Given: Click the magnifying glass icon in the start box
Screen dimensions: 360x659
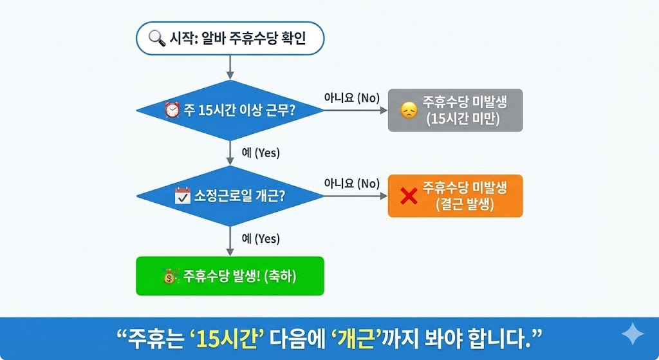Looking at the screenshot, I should tap(156, 39).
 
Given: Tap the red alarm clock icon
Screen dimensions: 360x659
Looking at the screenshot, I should tap(172, 110).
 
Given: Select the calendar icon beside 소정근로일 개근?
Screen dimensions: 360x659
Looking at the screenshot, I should tap(183, 195).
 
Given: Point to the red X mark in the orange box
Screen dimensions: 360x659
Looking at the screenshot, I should tap(409, 195).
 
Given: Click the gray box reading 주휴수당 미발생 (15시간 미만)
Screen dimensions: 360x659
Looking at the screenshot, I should tap(455, 110).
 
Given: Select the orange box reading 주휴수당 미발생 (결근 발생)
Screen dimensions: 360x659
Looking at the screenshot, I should tap(455, 195).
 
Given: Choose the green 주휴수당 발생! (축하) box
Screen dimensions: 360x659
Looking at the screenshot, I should tap(230, 276).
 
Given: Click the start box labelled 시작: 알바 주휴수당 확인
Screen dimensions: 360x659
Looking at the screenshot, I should tap(230, 39).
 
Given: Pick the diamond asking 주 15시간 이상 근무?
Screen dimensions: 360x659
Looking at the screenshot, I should tap(230, 110).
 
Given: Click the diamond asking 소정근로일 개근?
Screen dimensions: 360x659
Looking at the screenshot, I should tap(230, 195).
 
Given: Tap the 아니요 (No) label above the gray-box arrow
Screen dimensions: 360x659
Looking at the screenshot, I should tap(351, 98).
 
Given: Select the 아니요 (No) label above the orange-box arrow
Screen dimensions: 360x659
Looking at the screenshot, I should tap(351, 183).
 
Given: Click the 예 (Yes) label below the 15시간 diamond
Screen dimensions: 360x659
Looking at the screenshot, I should tap(261, 153).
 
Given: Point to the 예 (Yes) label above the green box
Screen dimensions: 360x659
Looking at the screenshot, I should tap(261, 239).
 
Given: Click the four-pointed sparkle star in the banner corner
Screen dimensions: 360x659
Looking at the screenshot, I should tap(632, 336).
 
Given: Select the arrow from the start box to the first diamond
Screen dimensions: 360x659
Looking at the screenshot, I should tap(230, 66).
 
